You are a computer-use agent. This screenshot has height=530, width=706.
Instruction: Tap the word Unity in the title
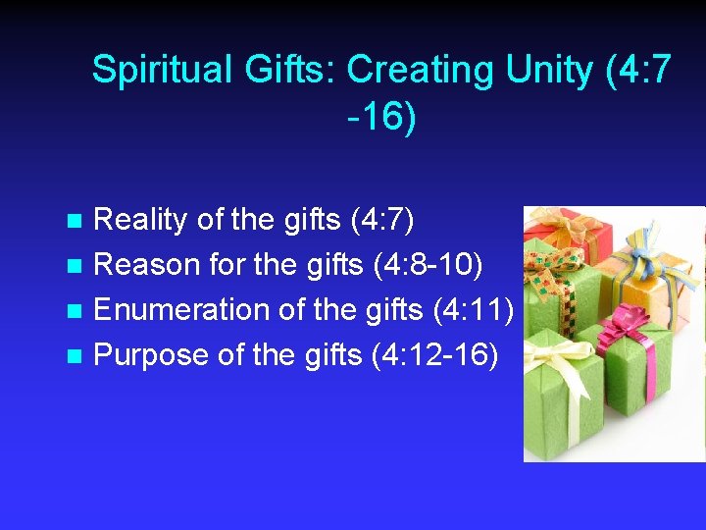(x=550, y=71)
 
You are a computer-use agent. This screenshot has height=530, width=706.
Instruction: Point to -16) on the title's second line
(x=381, y=117)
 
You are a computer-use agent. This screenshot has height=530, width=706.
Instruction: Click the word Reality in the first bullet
(x=139, y=220)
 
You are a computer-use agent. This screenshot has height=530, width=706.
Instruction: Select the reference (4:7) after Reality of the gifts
(x=381, y=220)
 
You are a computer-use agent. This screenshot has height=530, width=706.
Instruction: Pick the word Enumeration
(x=182, y=310)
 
